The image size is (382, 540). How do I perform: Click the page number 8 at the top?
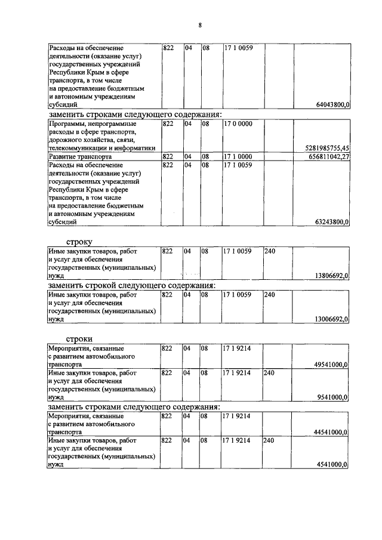click(x=201, y=25)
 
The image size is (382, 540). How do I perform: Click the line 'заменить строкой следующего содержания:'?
click(x=134, y=285)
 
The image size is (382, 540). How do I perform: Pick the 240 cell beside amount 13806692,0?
click(x=270, y=252)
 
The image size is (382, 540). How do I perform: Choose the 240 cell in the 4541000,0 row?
click(x=270, y=439)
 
